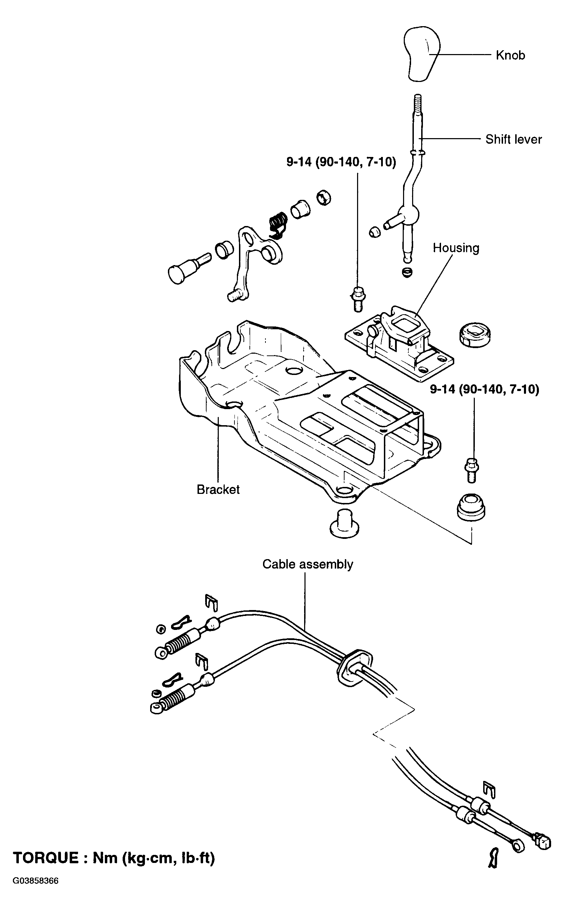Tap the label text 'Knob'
point(510,55)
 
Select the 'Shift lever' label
point(513,139)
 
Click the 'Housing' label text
point(456,248)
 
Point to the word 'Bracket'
point(218,490)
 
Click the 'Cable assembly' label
point(307,564)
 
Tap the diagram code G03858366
point(36,881)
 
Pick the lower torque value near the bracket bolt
point(485,390)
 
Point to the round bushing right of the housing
point(474,334)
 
